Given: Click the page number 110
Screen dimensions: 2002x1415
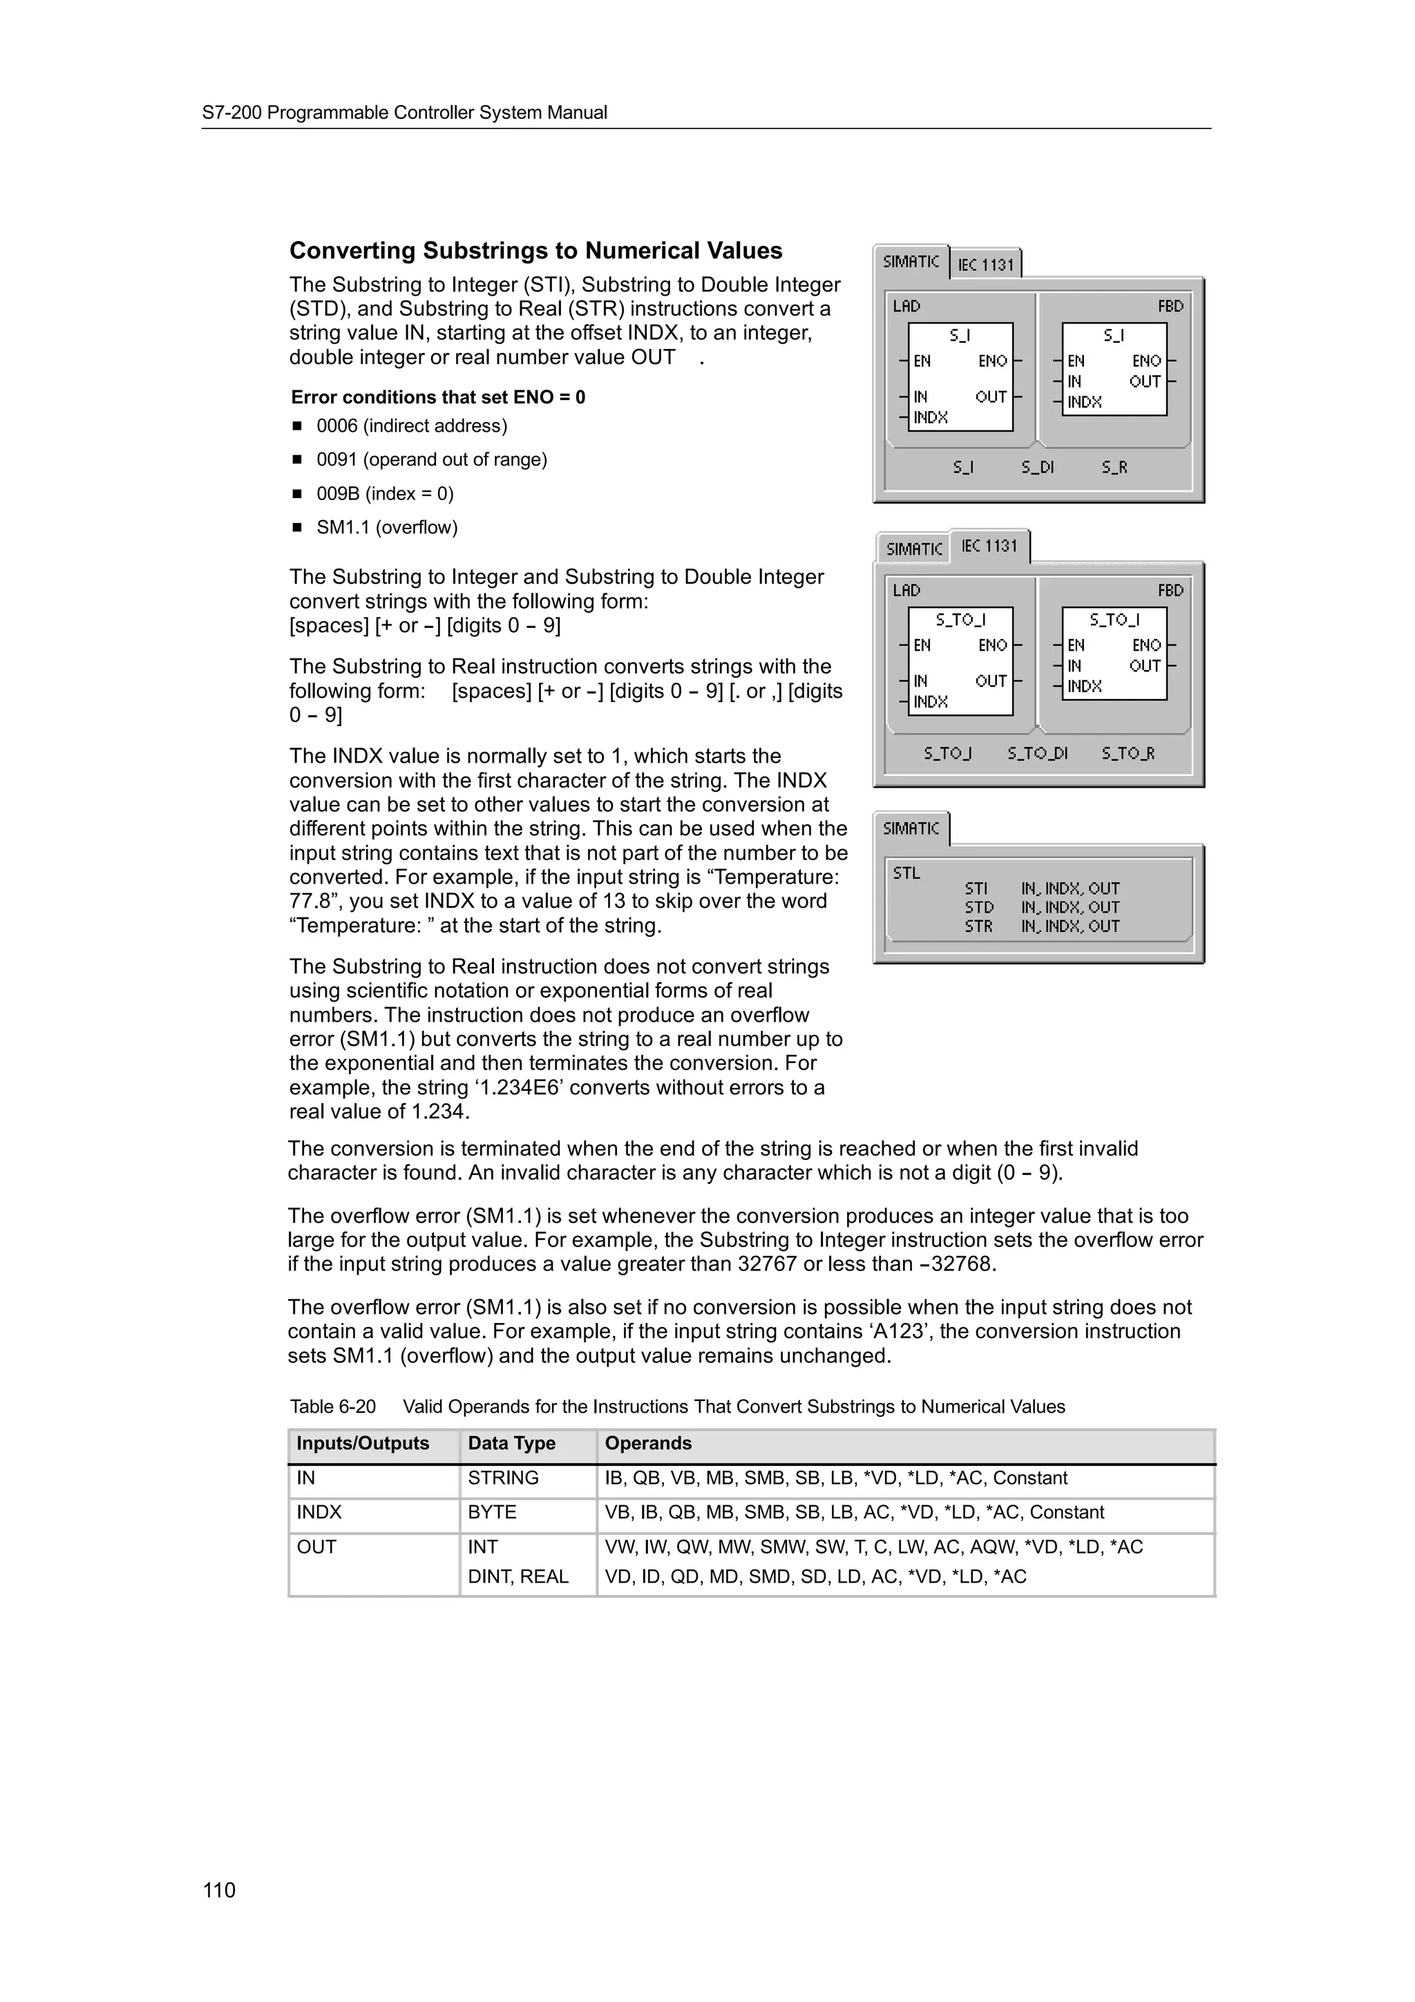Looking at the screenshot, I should click(219, 1889).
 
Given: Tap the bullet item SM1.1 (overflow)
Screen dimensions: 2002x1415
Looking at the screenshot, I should click(386, 528).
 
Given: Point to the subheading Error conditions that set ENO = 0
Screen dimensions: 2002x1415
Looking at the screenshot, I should click(437, 398).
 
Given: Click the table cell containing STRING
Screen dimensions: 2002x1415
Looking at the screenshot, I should click(503, 1478).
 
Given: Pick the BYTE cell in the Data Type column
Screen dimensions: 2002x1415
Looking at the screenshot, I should click(492, 1512).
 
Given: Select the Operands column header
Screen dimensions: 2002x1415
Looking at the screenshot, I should click(648, 1443).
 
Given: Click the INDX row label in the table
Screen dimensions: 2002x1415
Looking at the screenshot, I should click(319, 1512).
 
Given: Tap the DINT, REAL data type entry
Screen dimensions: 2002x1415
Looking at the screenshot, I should click(518, 1576).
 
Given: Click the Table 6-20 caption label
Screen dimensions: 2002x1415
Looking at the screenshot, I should click(332, 1407).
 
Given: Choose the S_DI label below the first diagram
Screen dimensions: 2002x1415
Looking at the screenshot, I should click(1038, 468).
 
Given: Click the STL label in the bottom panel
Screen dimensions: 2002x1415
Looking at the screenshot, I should click(906, 873).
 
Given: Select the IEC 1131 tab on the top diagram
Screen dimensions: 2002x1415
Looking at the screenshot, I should click(985, 264).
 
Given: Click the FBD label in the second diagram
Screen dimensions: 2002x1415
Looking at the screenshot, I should click(1170, 591).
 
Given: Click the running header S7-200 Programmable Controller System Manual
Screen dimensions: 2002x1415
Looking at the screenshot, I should click(405, 113).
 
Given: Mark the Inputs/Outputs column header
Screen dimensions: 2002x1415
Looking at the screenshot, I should click(363, 1443).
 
